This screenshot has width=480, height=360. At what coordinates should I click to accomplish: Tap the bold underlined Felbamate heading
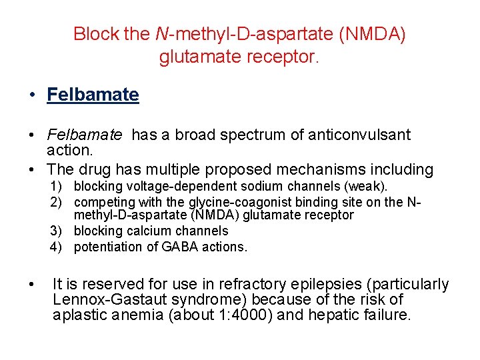click(x=93, y=95)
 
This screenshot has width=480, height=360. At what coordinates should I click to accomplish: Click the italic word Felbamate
click(x=85, y=135)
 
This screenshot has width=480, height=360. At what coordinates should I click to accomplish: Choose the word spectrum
click(x=254, y=135)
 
